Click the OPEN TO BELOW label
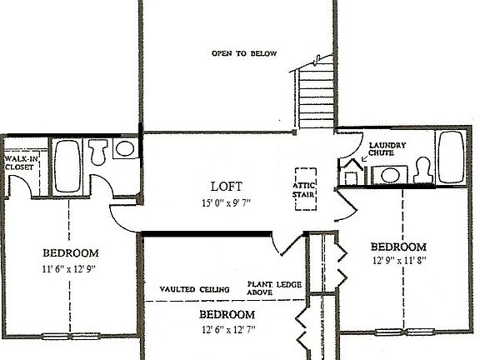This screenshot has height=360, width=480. [x=243, y=54]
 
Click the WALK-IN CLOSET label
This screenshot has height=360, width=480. [x=18, y=162]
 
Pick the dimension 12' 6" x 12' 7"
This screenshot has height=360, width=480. [x=226, y=330]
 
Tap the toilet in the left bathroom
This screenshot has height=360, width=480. [x=97, y=152]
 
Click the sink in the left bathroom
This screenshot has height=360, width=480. [x=125, y=150]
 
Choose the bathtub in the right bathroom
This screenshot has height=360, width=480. [x=452, y=157]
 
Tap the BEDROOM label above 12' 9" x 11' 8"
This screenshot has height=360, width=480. [x=398, y=247]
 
